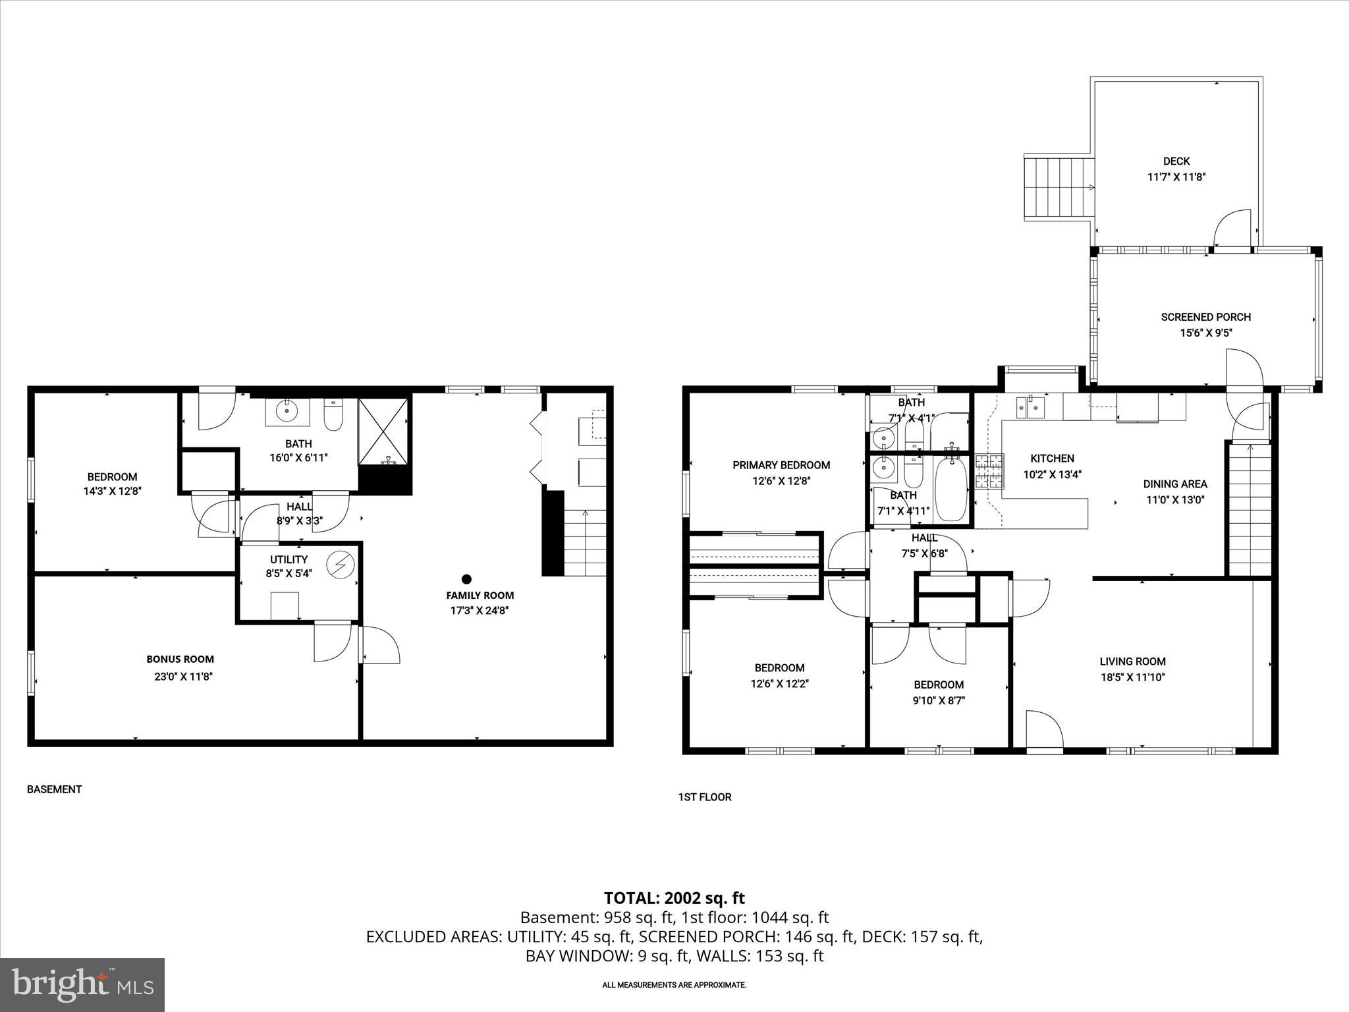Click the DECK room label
[x=1176, y=161]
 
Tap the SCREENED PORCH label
[x=1205, y=317]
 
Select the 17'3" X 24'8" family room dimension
[x=480, y=611]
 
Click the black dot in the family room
[x=466, y=579]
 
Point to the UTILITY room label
[x=289, y=559]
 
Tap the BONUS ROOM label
[x=180, y=659]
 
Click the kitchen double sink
[x=1030, y=407]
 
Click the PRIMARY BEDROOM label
[x=781, y=465]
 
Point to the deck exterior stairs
[x=1058, y=188]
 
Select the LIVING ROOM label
[x=1132, y=661]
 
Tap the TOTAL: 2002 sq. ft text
[x=674, y=898]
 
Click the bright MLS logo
[x=82, y=984]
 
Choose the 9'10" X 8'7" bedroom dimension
[x=938, y=701]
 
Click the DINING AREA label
[x=1175, y=484]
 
